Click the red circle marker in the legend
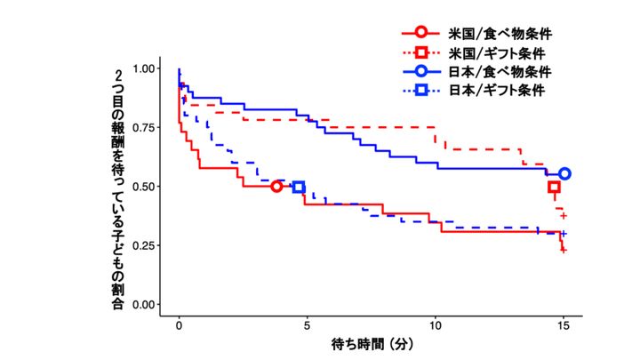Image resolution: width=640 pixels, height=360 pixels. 420,34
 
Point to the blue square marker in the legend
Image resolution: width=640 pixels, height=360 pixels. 420,91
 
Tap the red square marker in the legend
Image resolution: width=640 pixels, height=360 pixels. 420,53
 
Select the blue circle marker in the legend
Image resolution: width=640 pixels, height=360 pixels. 420,72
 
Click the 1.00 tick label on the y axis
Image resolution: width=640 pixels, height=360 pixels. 145,69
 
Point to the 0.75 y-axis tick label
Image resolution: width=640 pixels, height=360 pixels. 145,128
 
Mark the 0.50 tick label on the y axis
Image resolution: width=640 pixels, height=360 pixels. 145,187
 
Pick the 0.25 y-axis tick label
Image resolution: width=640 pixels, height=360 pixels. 145,245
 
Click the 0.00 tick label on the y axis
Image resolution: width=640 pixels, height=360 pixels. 145,305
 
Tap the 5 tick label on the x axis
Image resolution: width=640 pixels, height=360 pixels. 308,325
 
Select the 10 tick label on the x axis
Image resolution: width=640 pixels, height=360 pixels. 436,325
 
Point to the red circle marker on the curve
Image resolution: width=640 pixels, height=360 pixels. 276,187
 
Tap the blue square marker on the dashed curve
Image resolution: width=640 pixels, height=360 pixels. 299,187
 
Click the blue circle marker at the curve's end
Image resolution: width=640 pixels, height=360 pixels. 564,174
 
